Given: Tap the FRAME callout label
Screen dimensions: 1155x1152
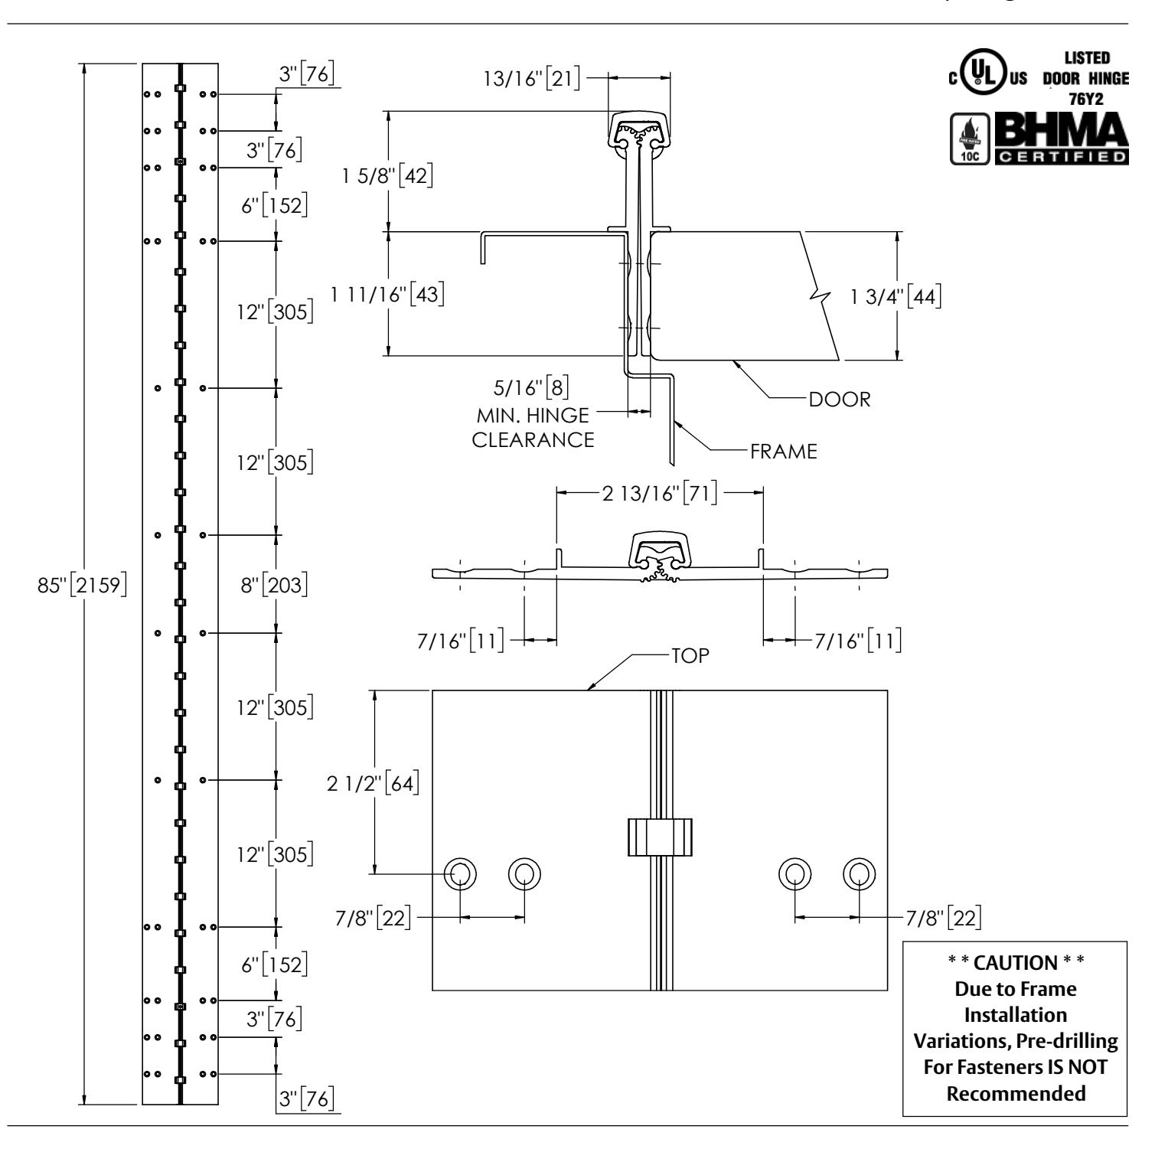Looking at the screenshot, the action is coord(785,452).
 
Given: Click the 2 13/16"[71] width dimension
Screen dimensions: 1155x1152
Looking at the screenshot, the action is coord(660,493).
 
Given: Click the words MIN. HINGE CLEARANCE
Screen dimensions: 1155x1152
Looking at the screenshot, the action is coord(533,428).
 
